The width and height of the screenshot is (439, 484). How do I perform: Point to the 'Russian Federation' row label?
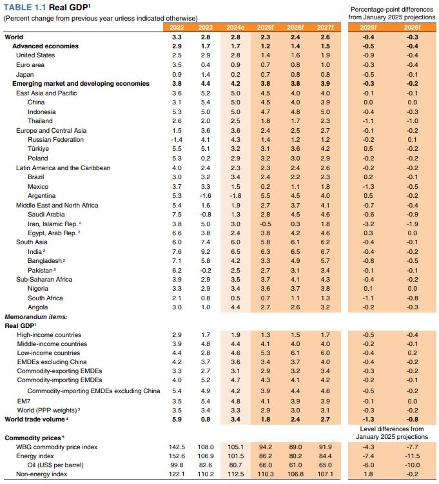[x=55, y=140]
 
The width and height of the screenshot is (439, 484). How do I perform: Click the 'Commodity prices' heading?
[x=32, y=438]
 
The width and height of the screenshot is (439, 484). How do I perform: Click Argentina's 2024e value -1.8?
[x=235, y=195]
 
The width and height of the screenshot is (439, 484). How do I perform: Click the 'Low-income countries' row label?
[x=49, y=353]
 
